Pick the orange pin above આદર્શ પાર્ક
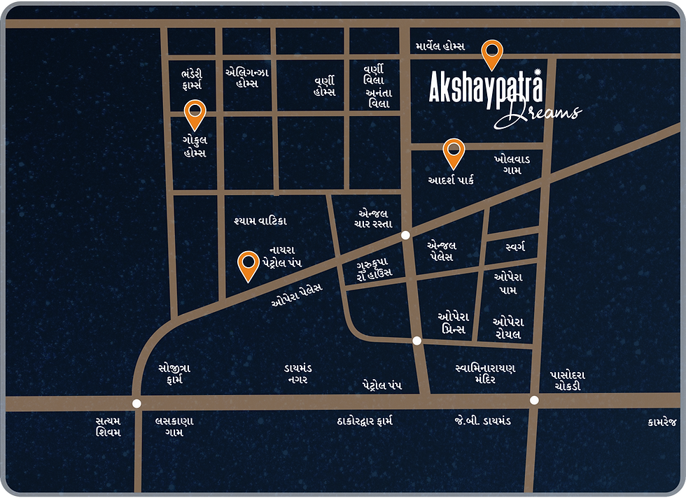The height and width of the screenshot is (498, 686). click(x=454, y=151)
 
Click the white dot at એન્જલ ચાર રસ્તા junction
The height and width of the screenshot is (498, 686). click(x=405, y=236)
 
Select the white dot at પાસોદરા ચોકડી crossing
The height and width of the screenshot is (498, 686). click(x=534, y=400)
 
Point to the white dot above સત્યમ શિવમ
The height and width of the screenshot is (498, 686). click(x=136, y=403)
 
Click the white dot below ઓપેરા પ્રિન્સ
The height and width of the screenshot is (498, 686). click(x=416, y=341)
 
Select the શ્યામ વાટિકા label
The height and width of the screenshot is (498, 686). click(x=260, y=221)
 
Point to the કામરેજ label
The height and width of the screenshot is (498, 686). click(x=663, y=421)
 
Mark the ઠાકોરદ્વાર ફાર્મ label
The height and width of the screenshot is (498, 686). click(x=363, y=421)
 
